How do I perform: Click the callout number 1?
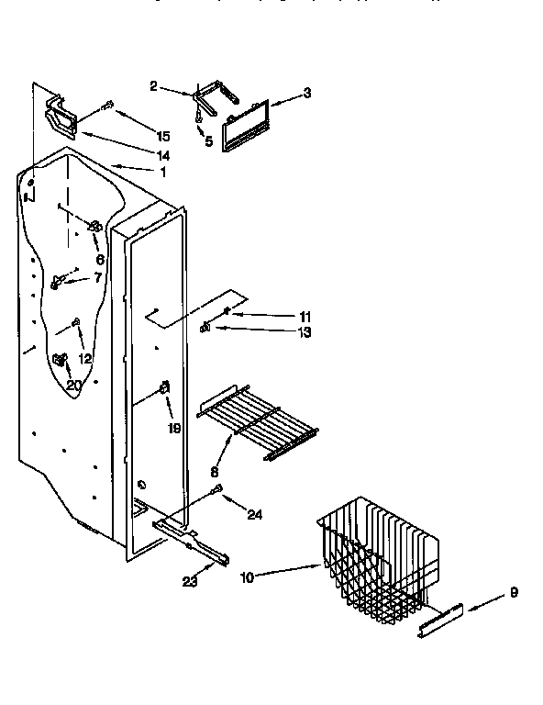pos(162,171)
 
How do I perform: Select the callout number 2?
pos(154,86)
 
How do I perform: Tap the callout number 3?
pos(307,93)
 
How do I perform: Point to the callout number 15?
pos(163,136)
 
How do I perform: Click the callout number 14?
pos(163,155)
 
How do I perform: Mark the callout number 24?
pos(254,516)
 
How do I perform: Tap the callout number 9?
pos(514,592)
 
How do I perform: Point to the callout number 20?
pos(73,386)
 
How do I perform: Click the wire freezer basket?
pos(378,560)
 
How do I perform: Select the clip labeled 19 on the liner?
pos(166,389)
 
